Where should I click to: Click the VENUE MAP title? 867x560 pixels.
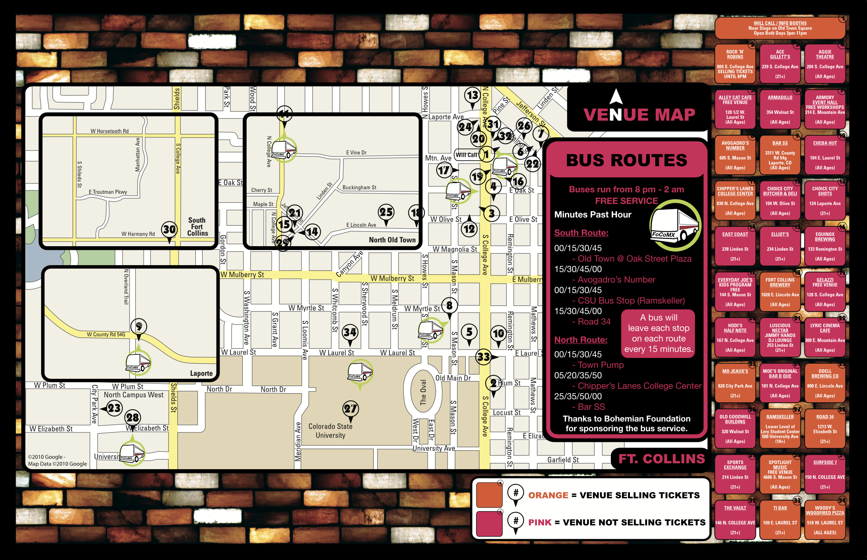pyautogui.click(x=639, y=115)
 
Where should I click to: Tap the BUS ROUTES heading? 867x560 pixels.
pyautogui.click(x=627, y=160)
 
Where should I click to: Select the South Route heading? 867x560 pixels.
pyautogui.click(x=581, y=233)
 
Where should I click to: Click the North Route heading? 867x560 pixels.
pyautogui.click(x=581, y=340)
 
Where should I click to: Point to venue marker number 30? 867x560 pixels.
pyautogui.click(x=169, y=229)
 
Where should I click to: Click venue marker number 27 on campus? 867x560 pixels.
pyautogui.click(x=350, y=409)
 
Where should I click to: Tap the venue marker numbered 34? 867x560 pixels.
pyautogui.click(x=350, y=332)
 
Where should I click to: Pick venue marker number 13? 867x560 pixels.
pyautogui.click(x=472, y=95)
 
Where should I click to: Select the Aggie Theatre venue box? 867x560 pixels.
pyautogui.click(x=825, y=64)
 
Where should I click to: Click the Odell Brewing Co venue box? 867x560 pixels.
pyautogui.click(x=825, y=383)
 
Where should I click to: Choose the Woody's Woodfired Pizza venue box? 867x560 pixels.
pyautogui.click(x=825, y=520)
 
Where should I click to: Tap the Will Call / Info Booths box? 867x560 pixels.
pyautogui.click(x=780, y=28)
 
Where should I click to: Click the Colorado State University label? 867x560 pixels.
pyautogui.click(x=330, y=431)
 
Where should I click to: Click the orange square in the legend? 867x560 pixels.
pyautogui.click(x=489, y=495)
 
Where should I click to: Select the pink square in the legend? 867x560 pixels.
pyautogui.click(x=489, y=523)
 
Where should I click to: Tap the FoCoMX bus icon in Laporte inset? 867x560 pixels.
pyautogui.click(x=138, y=363)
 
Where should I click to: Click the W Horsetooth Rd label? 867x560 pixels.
pyautogui.click(x=109, y=131)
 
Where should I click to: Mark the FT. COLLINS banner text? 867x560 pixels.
pyautogui.click(x=661, y=459)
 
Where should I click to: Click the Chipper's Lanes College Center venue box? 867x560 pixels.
pyautogui.click(x=735, y=201)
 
